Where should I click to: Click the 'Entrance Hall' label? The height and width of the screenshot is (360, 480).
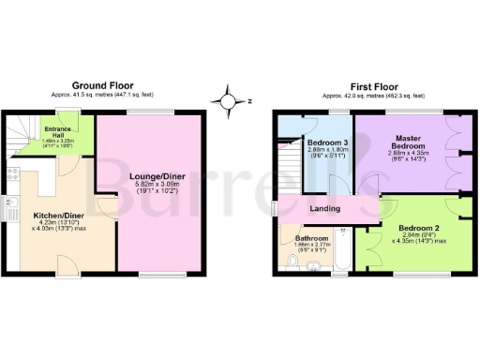point(65,134)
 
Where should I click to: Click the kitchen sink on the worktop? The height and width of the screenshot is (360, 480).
point(11,207)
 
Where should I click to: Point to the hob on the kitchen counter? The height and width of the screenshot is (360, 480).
point(12,174)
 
